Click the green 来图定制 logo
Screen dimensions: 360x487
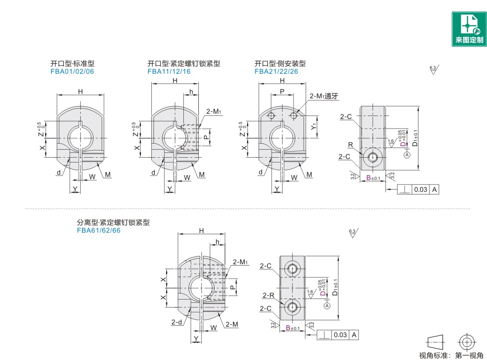point(469,29)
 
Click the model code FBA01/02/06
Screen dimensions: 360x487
point(72,71)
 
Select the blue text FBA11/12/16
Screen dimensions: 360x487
point(169,71)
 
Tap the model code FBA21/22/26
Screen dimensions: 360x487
point(276,71)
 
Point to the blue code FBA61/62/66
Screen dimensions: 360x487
point(98,230)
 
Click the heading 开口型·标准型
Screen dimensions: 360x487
point(72,64)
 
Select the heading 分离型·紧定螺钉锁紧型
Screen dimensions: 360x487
point(113,223)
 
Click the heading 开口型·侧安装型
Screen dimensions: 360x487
point(280,64)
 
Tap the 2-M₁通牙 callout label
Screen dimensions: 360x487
point(324,96)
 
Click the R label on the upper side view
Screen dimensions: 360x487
point(350,144)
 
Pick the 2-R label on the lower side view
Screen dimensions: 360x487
point(269,295)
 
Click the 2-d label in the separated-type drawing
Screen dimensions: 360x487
point(176,322)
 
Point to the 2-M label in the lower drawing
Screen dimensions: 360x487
point(232,324)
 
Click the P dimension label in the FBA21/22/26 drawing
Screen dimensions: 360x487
point(282,91)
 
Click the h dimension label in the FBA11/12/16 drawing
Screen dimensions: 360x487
point(191,91)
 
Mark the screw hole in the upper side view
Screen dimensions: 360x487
point(373,157)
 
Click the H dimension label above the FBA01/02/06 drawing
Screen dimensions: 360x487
point(80,91)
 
